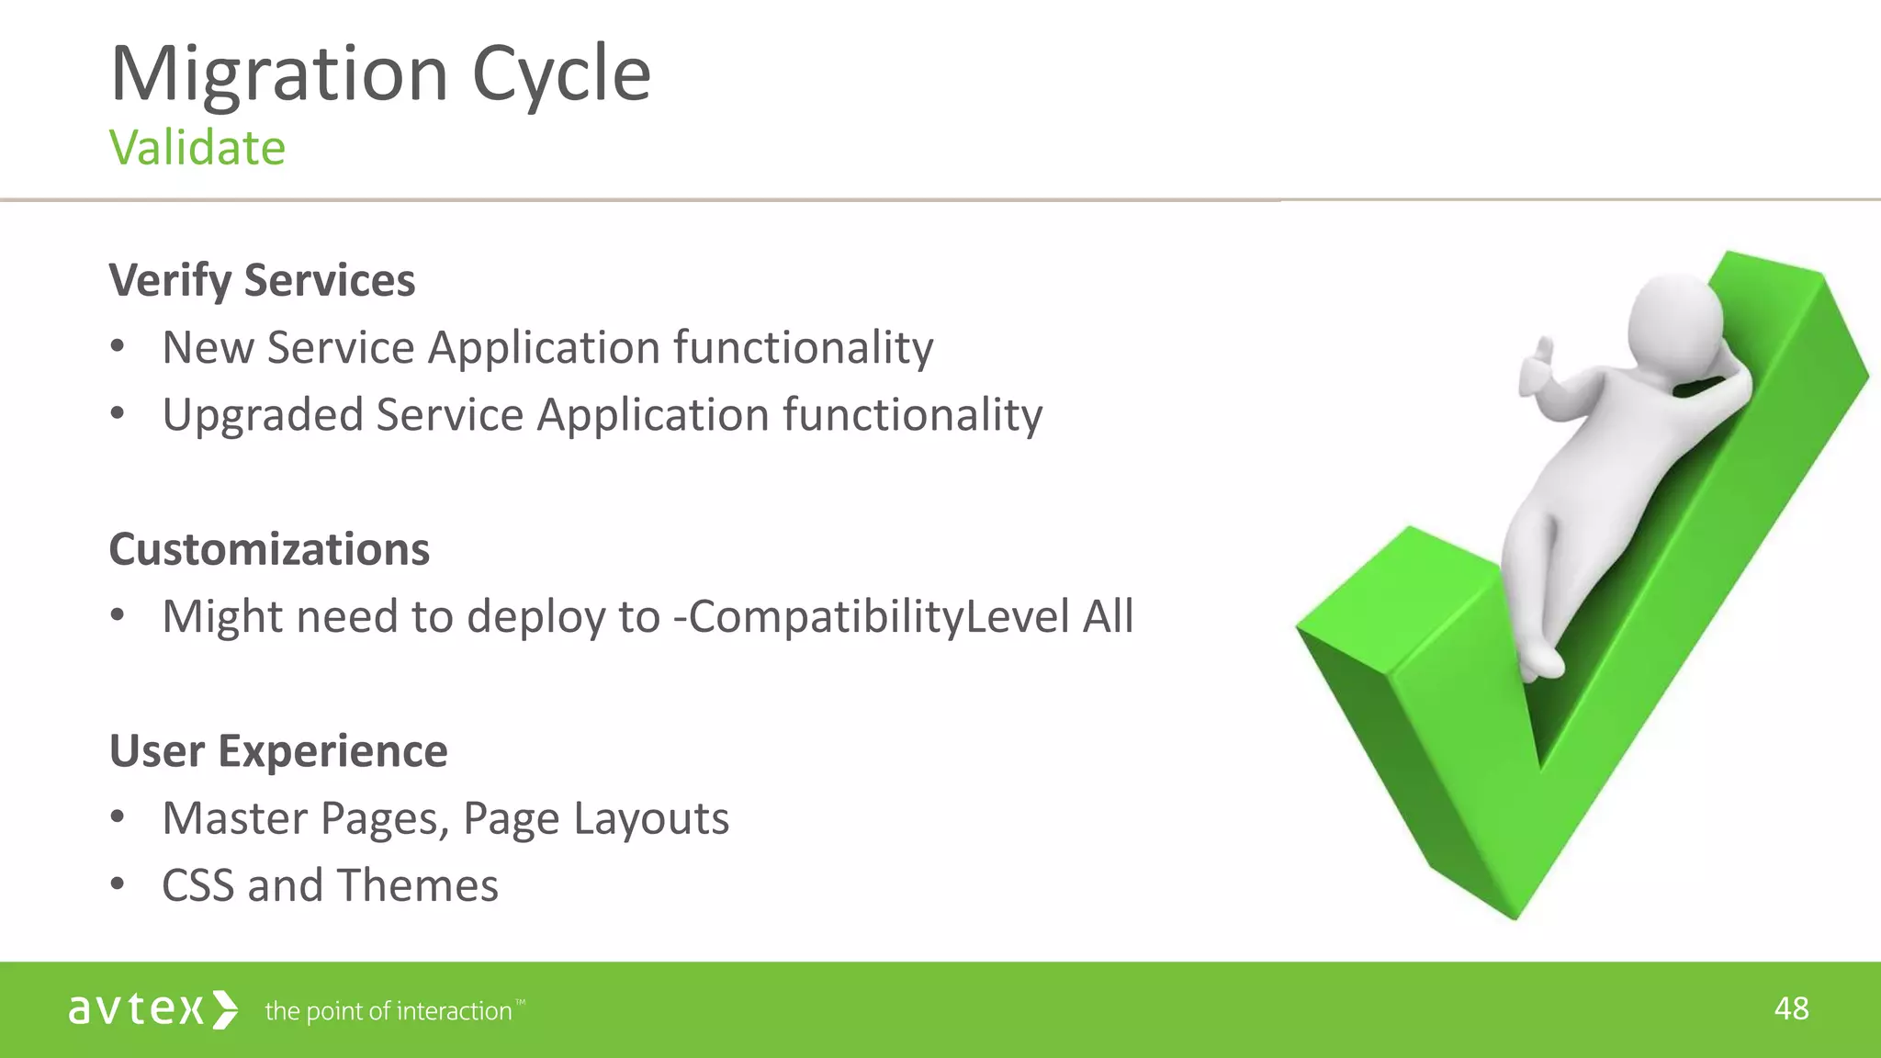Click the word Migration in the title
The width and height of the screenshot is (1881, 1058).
pos(278,73)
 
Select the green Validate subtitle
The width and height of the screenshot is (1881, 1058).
pos(197,148)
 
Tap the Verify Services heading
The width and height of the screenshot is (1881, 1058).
pos(262,280)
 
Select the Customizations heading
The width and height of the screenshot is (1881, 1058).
pos(269,549)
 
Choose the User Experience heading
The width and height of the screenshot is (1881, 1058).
pos(278,751)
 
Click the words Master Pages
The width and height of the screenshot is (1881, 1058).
pos(305,818)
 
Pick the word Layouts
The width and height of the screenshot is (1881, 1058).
pos(650,818)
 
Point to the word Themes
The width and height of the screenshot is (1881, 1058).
pos(418,885)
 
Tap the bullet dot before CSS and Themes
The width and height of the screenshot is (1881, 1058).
pos(117,885)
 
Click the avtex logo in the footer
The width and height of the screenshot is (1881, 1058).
pos(152,1009)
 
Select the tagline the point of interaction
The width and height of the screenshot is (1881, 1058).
pos(389,1011)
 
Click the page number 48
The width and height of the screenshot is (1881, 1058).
pos(1791,1008)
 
